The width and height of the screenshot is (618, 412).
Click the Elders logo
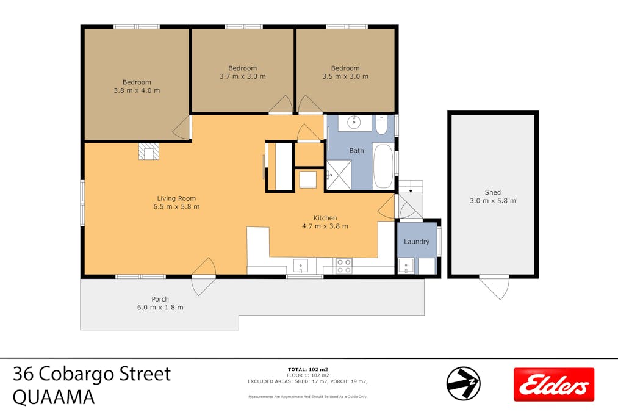click(553, 384)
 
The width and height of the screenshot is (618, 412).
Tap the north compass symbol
click(463, 383)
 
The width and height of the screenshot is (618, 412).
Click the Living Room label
click(176, 198)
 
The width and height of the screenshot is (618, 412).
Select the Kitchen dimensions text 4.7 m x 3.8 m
click(325, 226)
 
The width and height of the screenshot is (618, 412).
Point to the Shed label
click(492, 192)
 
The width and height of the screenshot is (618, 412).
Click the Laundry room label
click(417, 242)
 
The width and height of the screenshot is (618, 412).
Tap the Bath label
click(356, 150)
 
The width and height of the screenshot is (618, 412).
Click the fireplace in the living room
click(149, 151)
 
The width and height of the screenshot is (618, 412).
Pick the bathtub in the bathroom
click(383, 166)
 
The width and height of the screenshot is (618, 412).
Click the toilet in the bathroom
click(381, 125)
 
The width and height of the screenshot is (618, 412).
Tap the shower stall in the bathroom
click(339, 175)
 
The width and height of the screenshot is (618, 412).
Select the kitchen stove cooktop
click(344, 266)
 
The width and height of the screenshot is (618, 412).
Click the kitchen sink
click(301, 266)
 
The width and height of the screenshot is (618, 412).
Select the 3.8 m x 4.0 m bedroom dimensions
click(137, 90)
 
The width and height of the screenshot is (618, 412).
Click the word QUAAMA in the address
click(54, 397)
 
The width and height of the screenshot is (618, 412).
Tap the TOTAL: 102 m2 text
click(307, 370)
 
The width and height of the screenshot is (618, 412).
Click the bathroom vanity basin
click(354, 123)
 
